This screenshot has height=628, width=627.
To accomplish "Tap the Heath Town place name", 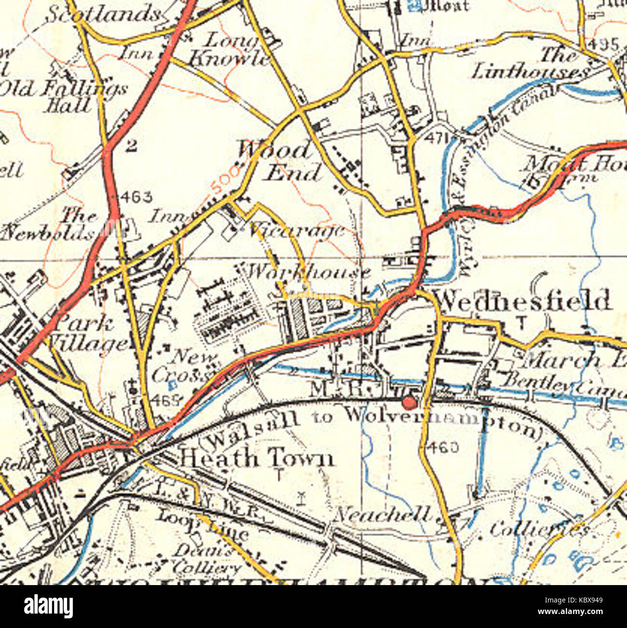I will coord(256,458).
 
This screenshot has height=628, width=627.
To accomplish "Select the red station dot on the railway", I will coord(409,401).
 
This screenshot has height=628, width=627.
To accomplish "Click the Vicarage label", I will coord(296,231).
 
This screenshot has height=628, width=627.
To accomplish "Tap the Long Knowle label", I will coord(231,51).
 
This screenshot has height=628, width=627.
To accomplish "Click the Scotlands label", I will coord(104,14).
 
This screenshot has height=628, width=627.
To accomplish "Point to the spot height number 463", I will coord(136,196).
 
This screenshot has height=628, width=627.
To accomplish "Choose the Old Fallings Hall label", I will coord(65,96).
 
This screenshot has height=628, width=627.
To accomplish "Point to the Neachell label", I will coord(382,515).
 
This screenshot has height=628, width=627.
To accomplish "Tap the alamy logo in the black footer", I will coord(49,606).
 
